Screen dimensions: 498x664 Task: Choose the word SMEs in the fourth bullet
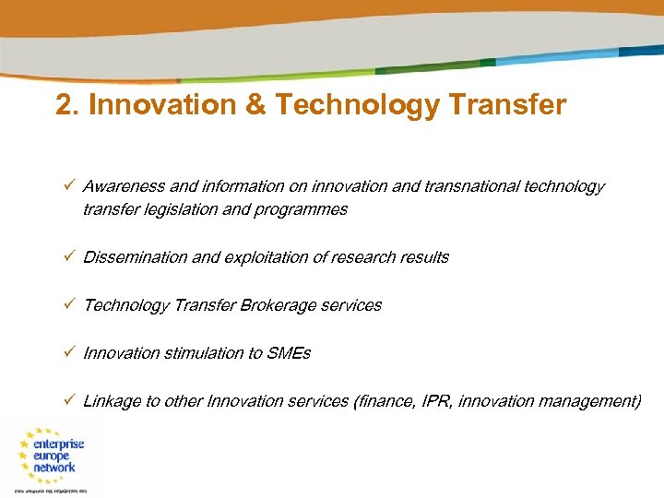pyautogui.click(x=290, y=353)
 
